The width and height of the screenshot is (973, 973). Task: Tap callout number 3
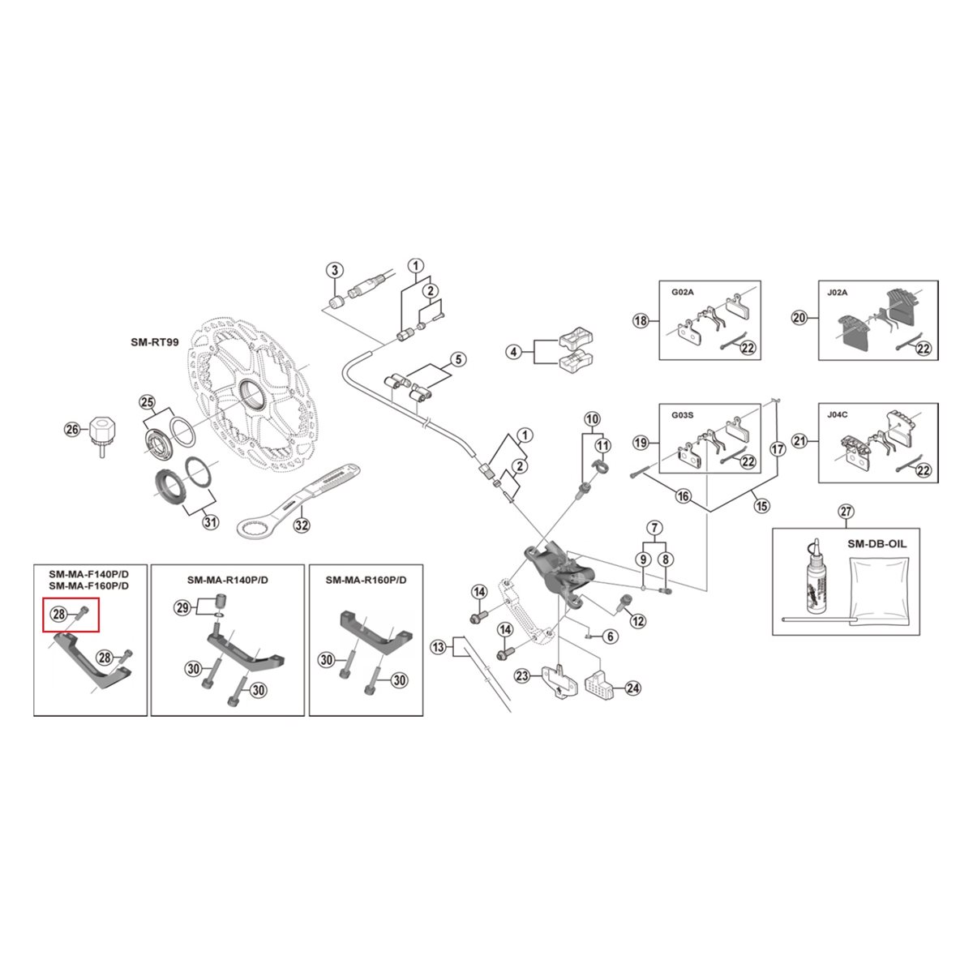[x=334, y=271]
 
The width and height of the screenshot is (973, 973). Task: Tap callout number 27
[x=846, y=512]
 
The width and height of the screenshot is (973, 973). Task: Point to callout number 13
[x=439, y=648]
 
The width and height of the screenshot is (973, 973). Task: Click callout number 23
[x=522, y=676]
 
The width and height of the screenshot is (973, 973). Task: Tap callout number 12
[x=638, y=621]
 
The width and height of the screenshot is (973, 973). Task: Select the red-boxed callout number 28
[x=59, y=614]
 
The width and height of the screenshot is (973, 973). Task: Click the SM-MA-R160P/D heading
[x=366, y=580]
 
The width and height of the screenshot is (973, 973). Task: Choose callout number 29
[x=182, y=607]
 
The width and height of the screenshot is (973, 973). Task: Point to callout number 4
[x=512, y=352]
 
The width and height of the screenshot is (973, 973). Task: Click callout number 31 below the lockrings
[x=210, y=521]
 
